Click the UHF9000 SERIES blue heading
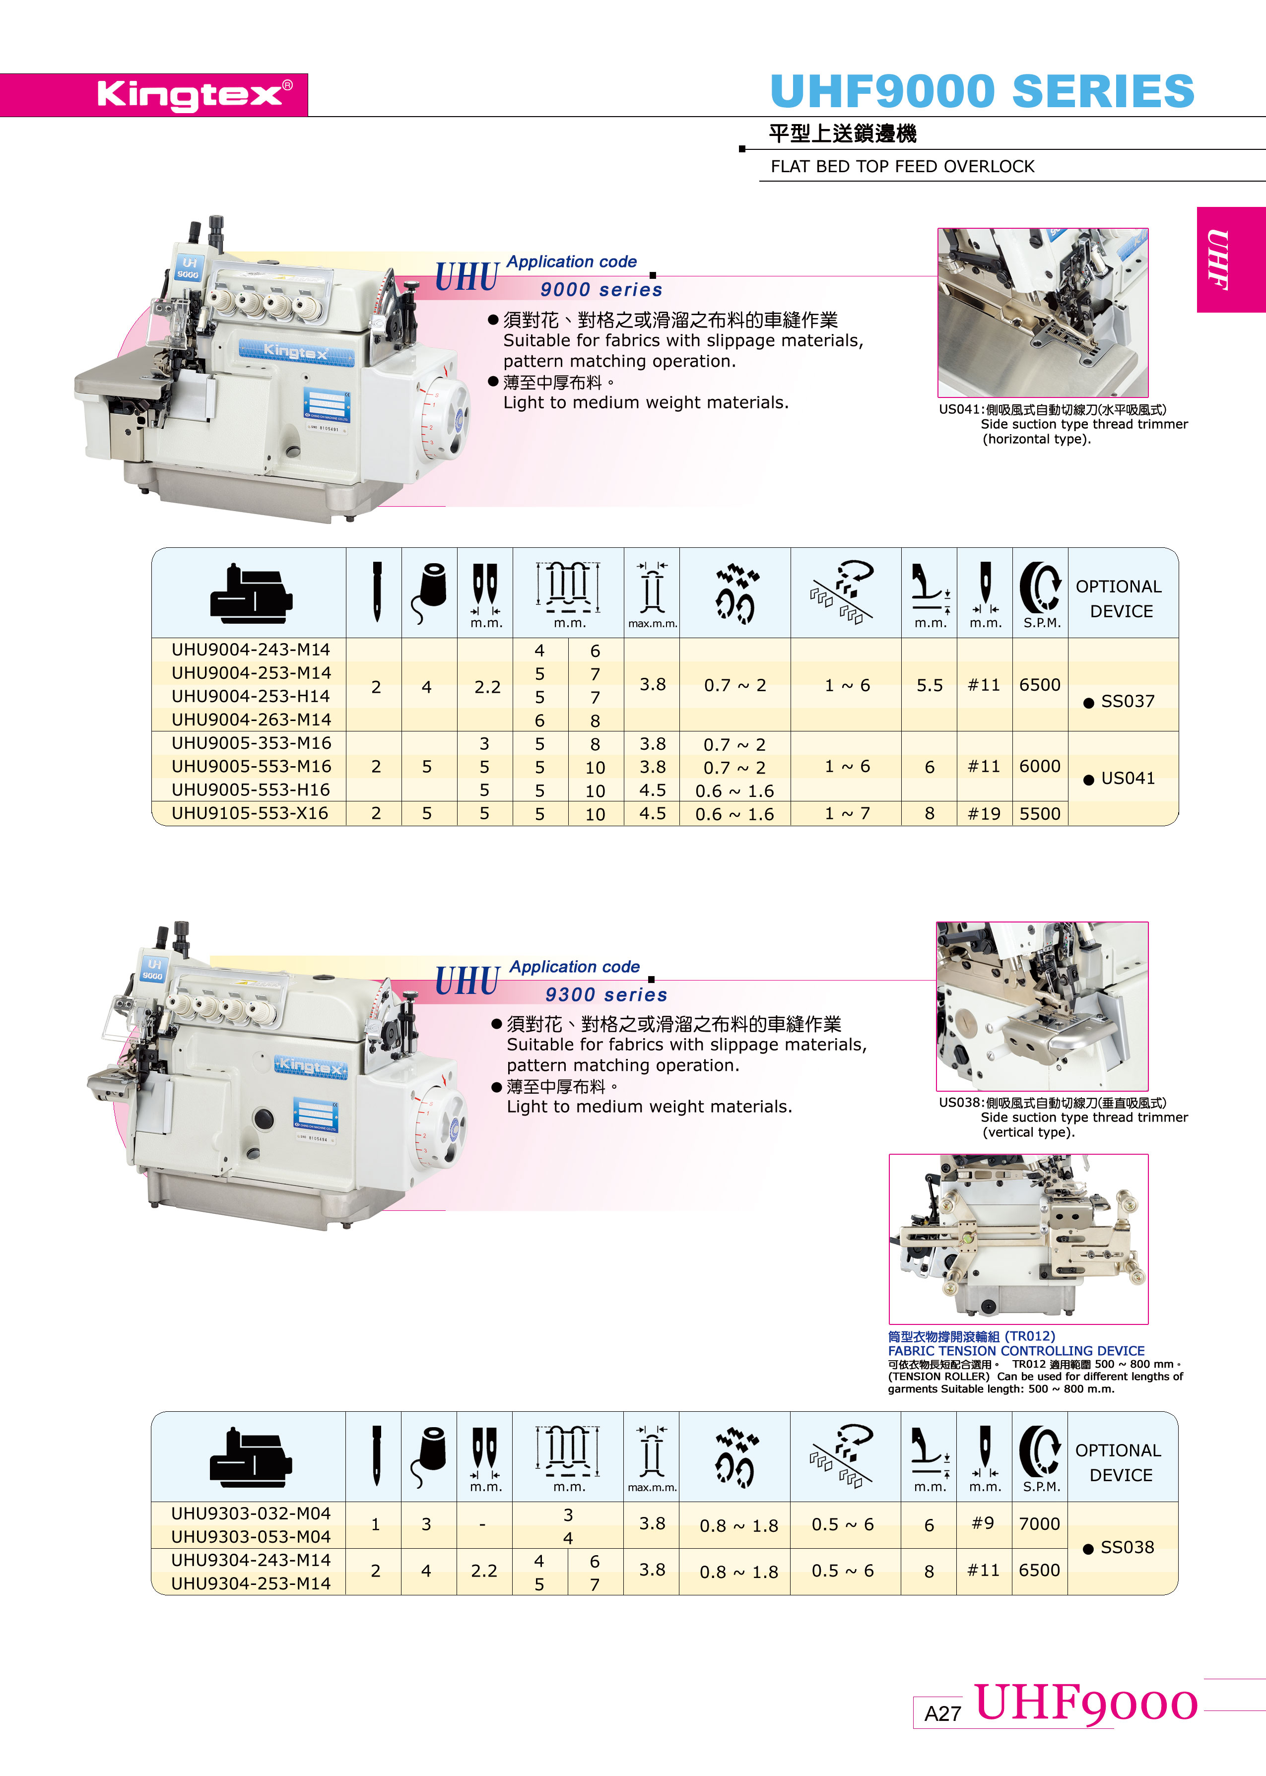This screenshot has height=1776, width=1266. click(982, 91)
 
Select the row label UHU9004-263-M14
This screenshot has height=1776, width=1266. click(251, 720)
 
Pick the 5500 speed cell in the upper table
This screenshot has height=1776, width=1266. click(1040, 814)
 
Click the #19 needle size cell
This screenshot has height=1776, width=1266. click(984, 814)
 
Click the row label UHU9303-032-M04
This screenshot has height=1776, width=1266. click(251, 1513)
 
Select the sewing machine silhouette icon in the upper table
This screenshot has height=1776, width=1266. click(251, 594)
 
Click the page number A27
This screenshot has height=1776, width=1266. click(942, 1713)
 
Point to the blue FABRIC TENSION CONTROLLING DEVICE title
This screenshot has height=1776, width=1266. click(1016, 1351)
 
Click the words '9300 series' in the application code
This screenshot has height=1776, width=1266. click(606, 994)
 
